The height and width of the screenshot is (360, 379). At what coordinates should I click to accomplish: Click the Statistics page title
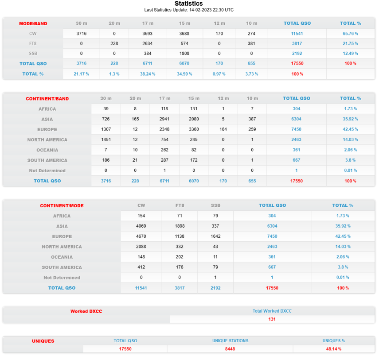click(x=189, y=4)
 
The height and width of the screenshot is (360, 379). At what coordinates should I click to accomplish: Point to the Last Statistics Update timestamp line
click(x=189, y=10)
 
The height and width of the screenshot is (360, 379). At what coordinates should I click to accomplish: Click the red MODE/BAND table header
click(x=33, y=23)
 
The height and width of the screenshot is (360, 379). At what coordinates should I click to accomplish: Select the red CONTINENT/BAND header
click(x=47, y=99)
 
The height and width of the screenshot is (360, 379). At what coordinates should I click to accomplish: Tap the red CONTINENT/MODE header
click(x=62, y=206)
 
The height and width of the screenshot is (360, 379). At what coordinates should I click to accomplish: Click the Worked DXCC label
click(x=86, y=311)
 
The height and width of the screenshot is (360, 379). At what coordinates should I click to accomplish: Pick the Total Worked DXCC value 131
click(x=272, y=319)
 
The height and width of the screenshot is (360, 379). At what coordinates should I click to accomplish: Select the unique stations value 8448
click(x=230, y=349)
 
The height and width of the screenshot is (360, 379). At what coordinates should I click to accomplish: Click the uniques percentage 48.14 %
click(x=334, y=349)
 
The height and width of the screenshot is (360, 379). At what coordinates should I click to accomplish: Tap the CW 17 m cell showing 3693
click(x=148, y=33)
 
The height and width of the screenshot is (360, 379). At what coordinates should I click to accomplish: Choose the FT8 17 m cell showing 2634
click(x=148, y=43)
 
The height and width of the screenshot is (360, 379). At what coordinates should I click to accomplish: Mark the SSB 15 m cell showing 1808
click(x=184, y=54)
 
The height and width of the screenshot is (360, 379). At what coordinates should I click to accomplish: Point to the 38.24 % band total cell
click(x=148, y=74)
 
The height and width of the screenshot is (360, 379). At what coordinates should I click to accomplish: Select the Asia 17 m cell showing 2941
click(x=164, y=119)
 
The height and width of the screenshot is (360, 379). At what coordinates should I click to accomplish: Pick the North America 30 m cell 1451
click(x=106, y=140)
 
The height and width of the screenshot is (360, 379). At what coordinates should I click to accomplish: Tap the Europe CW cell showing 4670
click(x=141, y=236)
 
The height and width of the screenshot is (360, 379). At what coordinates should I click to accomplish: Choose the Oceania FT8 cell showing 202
click(x=180, y=257)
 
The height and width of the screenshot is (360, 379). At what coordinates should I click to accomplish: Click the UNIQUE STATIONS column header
click(x=230, y=341)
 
